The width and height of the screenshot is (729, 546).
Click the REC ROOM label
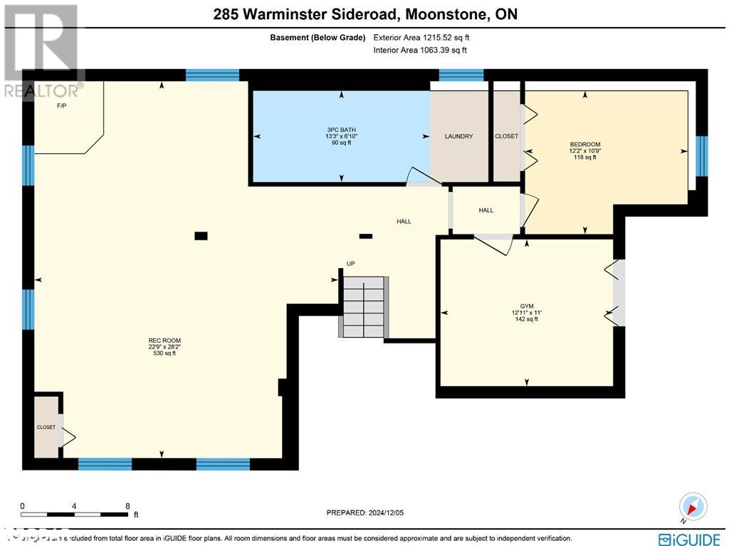point(161,341)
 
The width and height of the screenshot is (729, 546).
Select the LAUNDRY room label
point(458,136)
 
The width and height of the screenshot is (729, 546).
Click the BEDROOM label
point(584,145)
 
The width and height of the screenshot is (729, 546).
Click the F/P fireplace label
point(61,106)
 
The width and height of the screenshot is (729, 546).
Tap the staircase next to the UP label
point(363,307)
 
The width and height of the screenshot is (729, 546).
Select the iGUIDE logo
point(690,538)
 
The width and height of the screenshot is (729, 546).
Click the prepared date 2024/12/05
point(364,512)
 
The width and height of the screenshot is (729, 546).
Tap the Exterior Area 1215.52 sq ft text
point(421,37)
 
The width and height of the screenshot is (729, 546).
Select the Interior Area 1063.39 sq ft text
point(421,50)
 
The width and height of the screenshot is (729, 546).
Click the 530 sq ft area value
point(161,353)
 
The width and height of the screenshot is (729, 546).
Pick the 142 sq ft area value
point(527,319)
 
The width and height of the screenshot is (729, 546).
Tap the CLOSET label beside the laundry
point(507,136)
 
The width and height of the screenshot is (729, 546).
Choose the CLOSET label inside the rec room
point(46,427)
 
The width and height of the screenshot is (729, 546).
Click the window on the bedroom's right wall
point(701,155)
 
